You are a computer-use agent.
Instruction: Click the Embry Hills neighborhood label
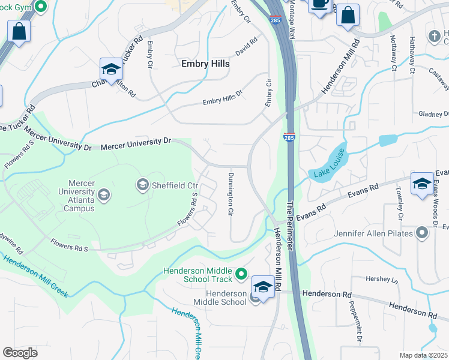point(205,64)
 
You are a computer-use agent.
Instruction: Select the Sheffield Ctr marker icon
point(143,184)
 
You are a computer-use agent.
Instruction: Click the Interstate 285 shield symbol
point(289,138)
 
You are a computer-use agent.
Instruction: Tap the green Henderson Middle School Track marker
point(241,274)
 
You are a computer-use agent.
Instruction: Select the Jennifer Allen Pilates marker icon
point(423,232)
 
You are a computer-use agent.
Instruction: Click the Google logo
point(20,353)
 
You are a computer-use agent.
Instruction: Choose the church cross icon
point(435,37)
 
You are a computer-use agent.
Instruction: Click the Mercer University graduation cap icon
point(104,194)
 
